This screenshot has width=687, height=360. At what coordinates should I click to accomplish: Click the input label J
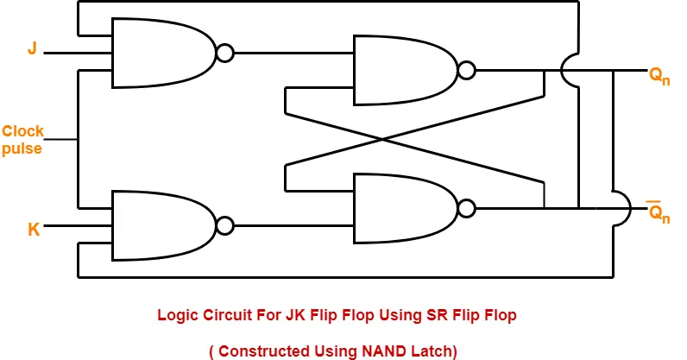click(x=32, y=49)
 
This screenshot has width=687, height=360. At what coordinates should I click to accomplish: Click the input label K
click(x=34, y=229)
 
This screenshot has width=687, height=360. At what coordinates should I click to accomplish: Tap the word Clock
click(x=22, y=131)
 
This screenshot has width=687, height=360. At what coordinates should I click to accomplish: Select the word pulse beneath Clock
click(x=21, y=148)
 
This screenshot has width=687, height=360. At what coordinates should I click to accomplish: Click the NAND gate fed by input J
click(x=163, y=54)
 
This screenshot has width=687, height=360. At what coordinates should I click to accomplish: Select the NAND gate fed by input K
click(x=163, y=226)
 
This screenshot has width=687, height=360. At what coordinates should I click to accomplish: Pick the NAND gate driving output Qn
click(x=406, y=70)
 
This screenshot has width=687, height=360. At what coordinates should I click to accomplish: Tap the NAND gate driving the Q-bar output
click(x=406, y=208)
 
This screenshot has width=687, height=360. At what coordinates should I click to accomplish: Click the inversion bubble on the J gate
click(x=225, y=54)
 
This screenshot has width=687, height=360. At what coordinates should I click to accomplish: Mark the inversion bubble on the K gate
click(x=225, y=226)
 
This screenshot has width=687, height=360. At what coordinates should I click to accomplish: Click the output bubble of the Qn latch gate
click(x=468, y=70)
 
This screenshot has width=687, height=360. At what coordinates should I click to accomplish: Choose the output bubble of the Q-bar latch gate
click(x=468, y=208)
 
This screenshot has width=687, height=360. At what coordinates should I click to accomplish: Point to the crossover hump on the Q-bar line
click(x=621, y=208)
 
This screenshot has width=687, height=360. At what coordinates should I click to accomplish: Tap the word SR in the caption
click(x=419, y=315)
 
